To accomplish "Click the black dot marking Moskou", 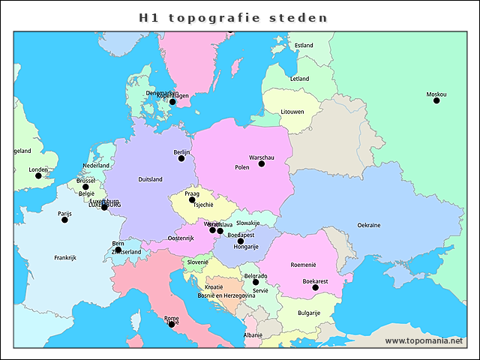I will click(x=436, y=100).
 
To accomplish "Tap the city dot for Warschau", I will click(x=262, y=163).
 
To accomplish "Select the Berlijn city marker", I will click(x=181, y=158).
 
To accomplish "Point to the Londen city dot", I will click(x=38, y=175).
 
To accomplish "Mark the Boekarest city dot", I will click(x=315, y=287).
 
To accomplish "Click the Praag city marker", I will click(x=192, y=200).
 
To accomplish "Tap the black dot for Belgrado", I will click(x=256, y=282).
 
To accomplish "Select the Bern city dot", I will click(x=118, y=250).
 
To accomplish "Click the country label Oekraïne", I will click(x=368, y=225).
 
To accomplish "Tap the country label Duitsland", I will click(x=150, y=180).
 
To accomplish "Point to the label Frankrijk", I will click(x=65, y=258).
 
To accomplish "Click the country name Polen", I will click(x=241, y=168).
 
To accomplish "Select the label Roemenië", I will click(x=304, y=265).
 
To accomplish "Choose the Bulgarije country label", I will click(x=309, y=313).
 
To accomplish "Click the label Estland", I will click(x=304, y=46).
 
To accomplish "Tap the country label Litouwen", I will click(x=292, y=112).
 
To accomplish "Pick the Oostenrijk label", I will click(x=180, y=238).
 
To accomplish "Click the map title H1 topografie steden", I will click(x=234, y=17).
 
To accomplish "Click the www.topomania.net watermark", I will click(x=424, y=341).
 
